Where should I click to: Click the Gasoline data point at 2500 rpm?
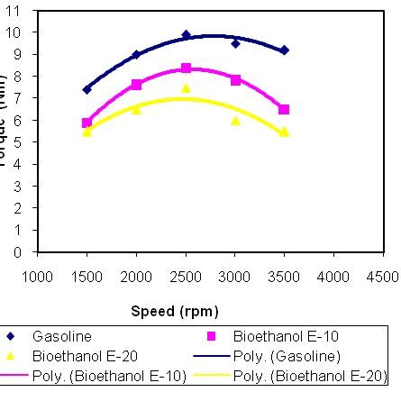click(x=186, y=35)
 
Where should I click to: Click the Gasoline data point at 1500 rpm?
click(x=87, y=89)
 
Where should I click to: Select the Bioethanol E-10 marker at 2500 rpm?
click(x=186, y=68)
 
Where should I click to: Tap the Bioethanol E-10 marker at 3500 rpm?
click(x=285, y=109)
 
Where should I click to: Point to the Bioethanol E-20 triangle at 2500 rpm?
click(x=186, y=88)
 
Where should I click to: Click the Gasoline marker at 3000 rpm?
click(x=235, y=43)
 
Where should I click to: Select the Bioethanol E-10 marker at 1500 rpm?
click(x=87, y=123)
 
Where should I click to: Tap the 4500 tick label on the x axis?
click(x=383, y=276)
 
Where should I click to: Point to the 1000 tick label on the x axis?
click(x=37, y=276)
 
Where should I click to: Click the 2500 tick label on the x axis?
click(x=186, y=276)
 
